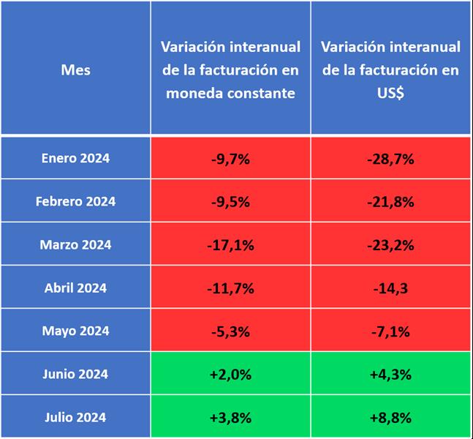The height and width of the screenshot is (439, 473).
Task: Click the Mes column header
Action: [x=75, y=70]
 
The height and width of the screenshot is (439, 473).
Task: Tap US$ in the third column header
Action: [x=390, y=93]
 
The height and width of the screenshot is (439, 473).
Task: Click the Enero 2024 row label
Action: [x=75, y=158]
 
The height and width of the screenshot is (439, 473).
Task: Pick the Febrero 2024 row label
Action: [x=75, y=201]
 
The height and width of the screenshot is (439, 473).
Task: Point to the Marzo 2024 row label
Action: [x=75, y=244]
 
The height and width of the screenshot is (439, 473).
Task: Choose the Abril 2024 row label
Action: [x=75, y=288]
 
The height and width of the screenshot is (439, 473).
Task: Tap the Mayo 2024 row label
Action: [x=75, y=331]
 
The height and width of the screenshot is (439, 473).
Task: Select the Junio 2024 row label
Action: [x=75, y=374]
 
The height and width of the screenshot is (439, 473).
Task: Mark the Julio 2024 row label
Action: [x=75, y=417]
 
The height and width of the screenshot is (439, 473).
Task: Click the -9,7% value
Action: [x=231, y=158]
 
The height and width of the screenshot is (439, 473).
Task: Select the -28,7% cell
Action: [x=390, y=158]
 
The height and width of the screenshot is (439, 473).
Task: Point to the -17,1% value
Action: [x=231, y=244]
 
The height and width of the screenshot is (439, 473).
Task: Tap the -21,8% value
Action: [x=390, y=201]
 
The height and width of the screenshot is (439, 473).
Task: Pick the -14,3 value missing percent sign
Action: [x=390, y=288]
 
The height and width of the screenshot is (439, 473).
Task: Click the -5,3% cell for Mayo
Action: [x=231, y=331]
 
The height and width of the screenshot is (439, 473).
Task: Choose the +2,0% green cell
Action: [x=231, y=374]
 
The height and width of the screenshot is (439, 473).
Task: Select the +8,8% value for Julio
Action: [x=390, y=417]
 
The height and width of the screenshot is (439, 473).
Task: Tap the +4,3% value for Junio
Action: [x=390, y=374]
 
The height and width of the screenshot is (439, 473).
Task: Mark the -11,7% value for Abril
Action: [x=231, y=288]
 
